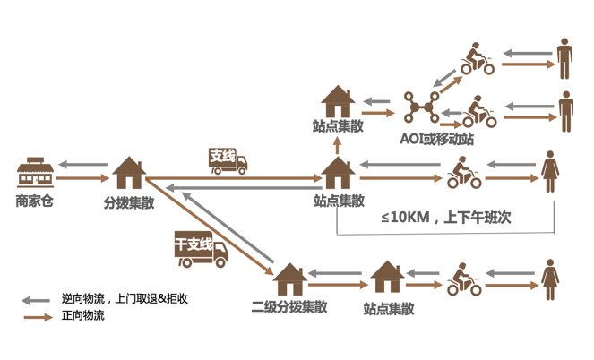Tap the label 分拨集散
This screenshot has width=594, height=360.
point(129,203)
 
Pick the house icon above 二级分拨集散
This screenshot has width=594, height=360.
point(289,279)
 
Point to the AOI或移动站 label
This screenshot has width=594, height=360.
point(437,139)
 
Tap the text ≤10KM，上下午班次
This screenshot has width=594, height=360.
point(445,218)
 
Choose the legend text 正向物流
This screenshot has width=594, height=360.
point(83,316)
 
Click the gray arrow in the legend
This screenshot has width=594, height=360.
point(38,300)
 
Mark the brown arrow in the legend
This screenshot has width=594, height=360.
point(38,317)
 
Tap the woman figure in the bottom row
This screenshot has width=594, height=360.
point(549,279)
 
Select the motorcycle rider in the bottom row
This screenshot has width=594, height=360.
point(463,279)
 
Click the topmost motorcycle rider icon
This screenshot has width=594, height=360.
point(476,59)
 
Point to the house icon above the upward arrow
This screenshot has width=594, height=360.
point(338,100)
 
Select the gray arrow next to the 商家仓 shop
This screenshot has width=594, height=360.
point(87,165)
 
